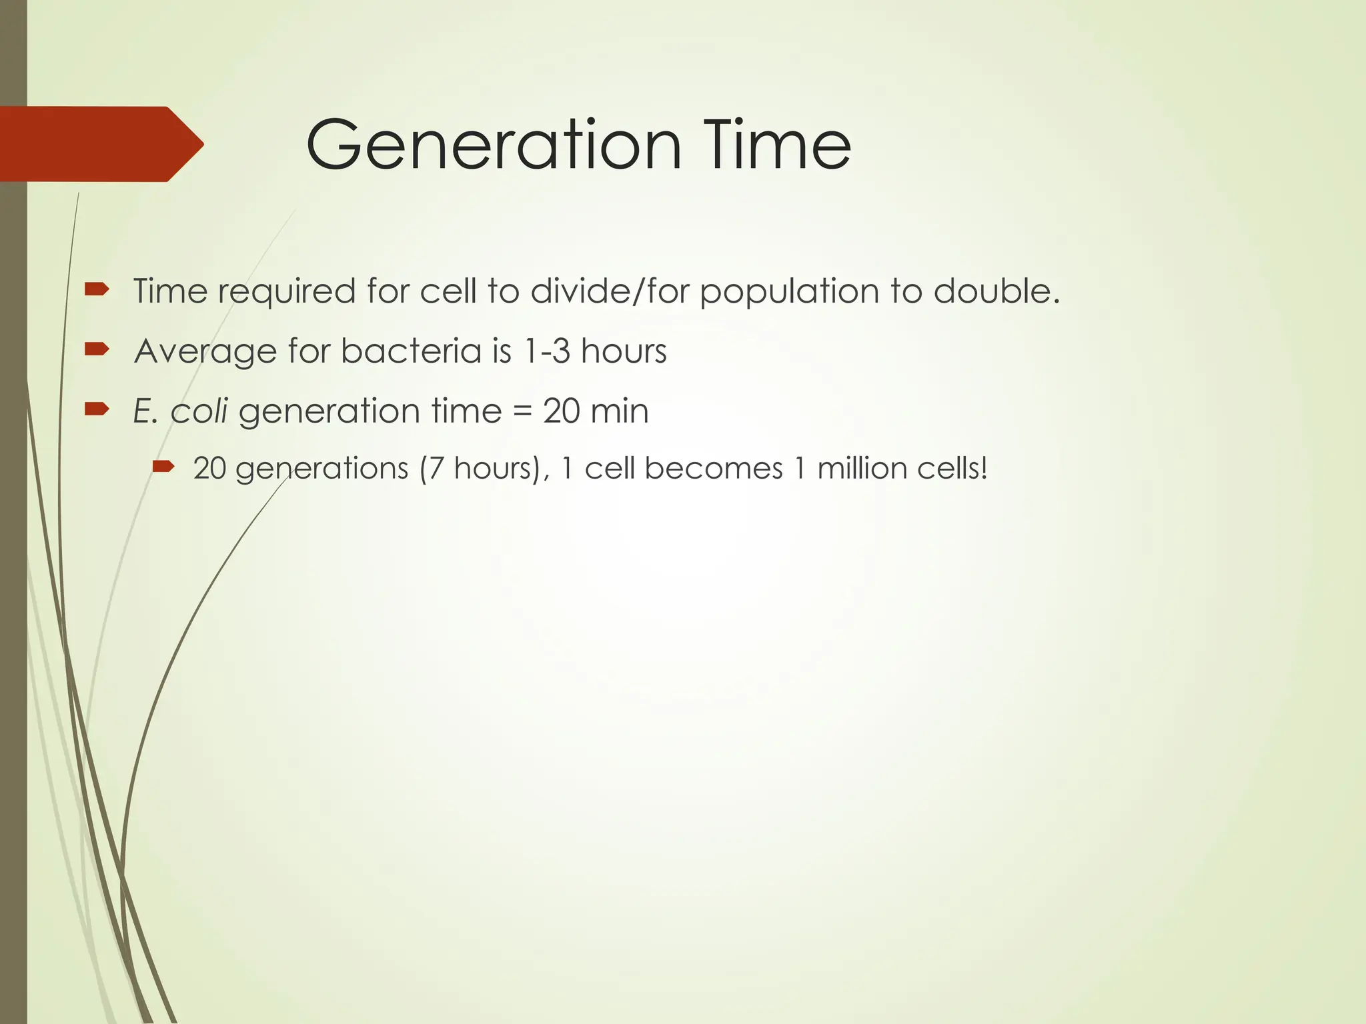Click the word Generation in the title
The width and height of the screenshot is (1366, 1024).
(x=494, y=145)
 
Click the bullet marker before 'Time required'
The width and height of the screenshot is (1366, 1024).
(x=97, y=289)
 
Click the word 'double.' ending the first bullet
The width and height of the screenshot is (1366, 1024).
(x=996, y=291)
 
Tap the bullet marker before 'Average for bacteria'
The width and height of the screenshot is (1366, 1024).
(x=97, y=349)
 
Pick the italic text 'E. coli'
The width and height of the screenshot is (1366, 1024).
(x=181, y=411)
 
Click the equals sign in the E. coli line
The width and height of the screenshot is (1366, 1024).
(x=523, y=411)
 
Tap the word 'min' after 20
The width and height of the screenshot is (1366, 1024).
(x=619, y=411)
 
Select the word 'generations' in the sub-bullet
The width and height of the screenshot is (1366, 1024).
(x=321, y=469)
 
